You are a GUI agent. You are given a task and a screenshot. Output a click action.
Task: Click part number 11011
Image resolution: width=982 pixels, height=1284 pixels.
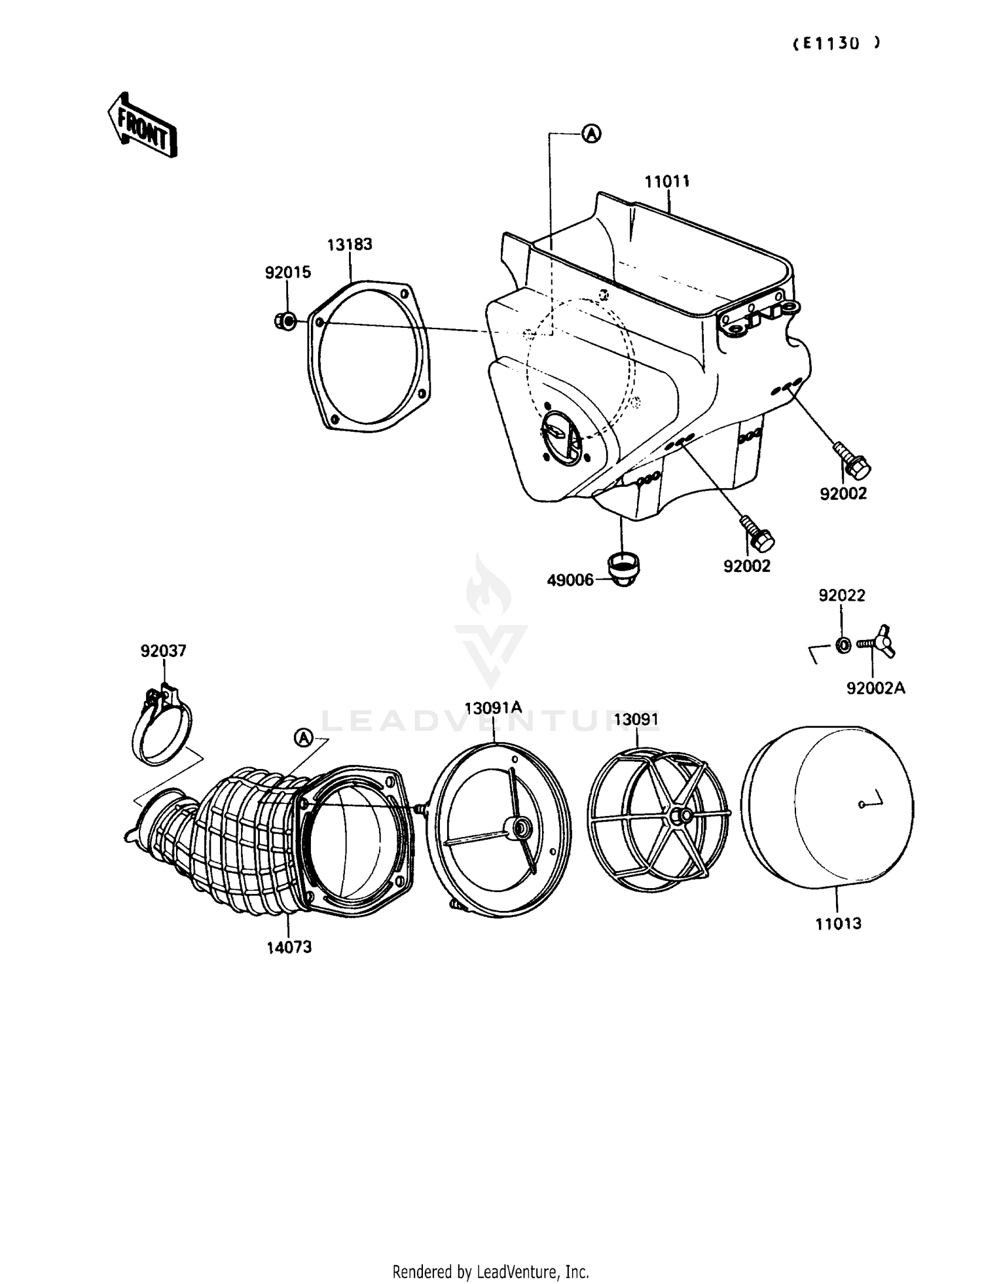[x=667, y=181]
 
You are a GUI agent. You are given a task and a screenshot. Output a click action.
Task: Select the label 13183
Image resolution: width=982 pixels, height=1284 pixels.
[x=350, y=244]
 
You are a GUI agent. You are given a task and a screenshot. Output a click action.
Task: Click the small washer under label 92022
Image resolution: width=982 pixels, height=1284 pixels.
[x=843, y=646]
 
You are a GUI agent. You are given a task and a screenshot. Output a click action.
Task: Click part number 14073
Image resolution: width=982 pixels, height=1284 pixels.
[x=289, y=946]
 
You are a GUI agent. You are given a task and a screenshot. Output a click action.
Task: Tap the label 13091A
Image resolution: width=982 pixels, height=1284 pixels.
[x=493, y=707]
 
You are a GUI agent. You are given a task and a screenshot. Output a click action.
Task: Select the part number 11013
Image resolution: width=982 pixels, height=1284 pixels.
[x=838, y=923]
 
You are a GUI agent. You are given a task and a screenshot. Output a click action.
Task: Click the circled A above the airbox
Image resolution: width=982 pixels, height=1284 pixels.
[x=591, y=134]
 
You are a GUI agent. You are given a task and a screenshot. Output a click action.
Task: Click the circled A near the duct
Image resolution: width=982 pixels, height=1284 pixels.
[x=303, y=738]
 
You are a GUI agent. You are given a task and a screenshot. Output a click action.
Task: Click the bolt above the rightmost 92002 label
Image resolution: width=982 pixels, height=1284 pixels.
[x=852, y=461]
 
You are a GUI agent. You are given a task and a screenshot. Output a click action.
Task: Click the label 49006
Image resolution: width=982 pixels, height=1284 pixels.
[x=570, y=580]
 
